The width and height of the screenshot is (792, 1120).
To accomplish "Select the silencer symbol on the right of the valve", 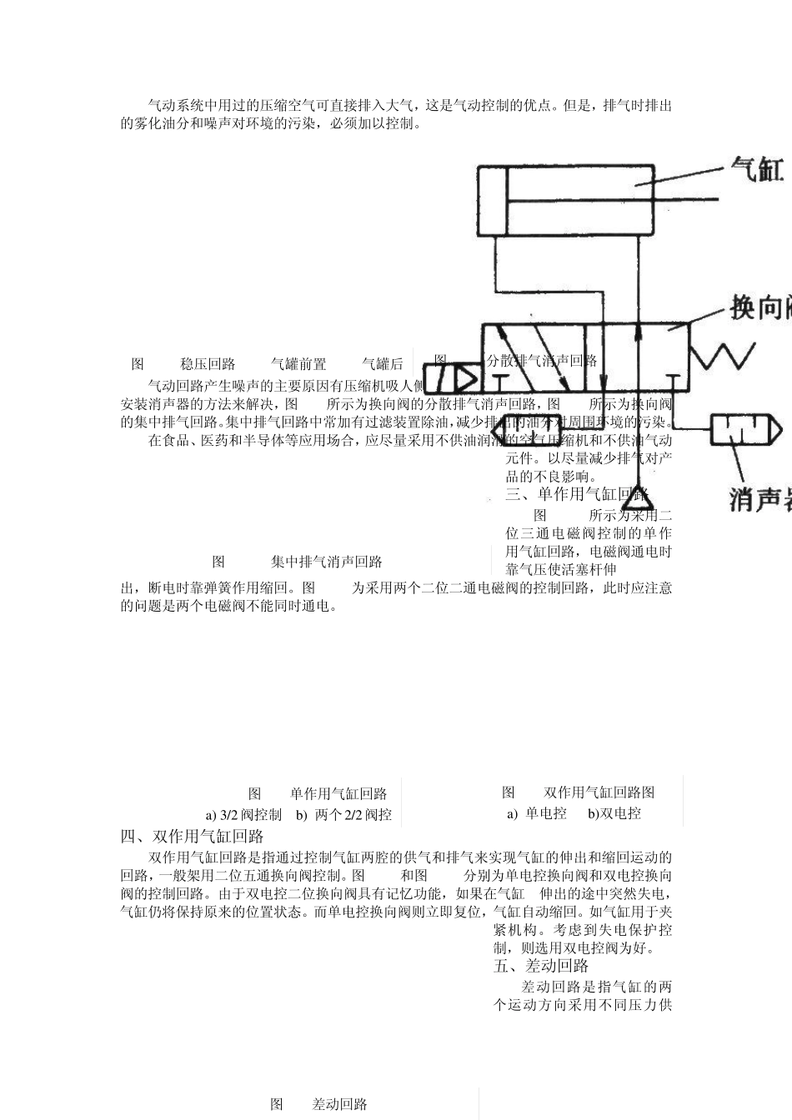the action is click(746, 430).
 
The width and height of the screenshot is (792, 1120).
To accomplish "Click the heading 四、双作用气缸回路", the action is click(192, 836).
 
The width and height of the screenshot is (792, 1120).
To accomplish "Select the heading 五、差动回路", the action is click(541, 966).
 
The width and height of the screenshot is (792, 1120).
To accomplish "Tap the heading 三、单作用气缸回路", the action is click(577, 495).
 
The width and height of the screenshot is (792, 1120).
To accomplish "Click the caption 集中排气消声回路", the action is click(327, 562).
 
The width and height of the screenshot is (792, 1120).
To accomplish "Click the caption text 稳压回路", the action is click(208, 364).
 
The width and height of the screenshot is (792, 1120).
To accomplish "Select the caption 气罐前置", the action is click(298, 364).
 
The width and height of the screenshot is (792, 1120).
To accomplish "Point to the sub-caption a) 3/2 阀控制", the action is click(243, 815).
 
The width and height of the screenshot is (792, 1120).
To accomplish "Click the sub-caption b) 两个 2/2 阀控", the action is click(343, 815).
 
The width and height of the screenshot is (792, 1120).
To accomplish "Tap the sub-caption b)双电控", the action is click(614, 813).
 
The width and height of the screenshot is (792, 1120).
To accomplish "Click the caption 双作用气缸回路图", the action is click(599, 792).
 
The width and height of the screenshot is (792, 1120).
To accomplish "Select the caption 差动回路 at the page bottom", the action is click(339, 1104).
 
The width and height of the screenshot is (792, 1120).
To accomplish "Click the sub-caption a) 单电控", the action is click(536, 813).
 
